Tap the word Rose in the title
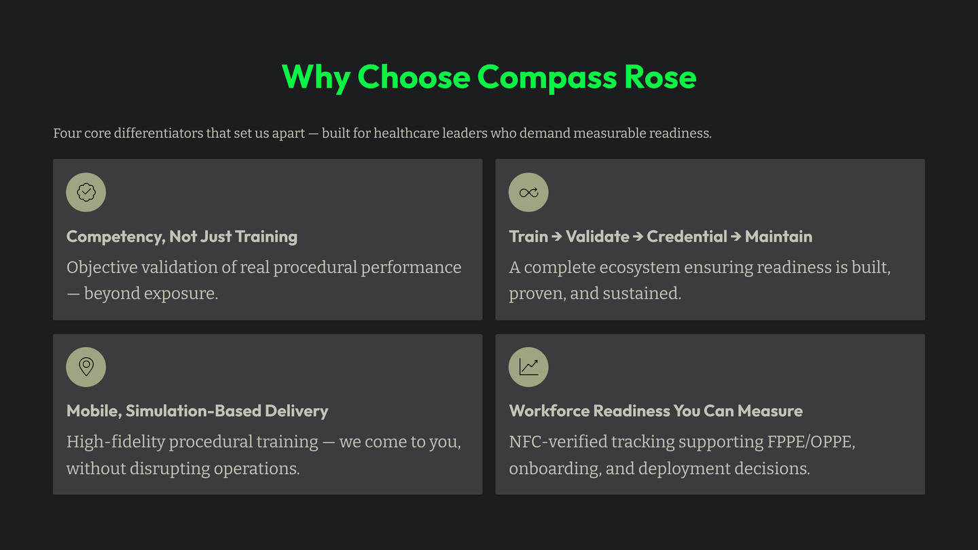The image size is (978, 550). point(660,77)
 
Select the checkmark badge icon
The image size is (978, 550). point(86,192)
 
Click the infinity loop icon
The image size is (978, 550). point(528,192)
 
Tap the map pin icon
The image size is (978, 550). point(86,367)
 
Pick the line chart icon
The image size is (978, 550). point(528,367)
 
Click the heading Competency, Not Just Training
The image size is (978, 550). point(182,236)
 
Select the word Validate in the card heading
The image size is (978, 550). point(597,236)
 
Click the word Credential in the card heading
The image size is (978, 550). point(687,236)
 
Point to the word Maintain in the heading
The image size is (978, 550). point(778,236)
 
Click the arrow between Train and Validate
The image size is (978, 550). point(557,236)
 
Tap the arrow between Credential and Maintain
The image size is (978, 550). point(736,236)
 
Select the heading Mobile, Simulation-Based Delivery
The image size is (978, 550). point(197,411)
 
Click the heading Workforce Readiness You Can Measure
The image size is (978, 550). point(655,411)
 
